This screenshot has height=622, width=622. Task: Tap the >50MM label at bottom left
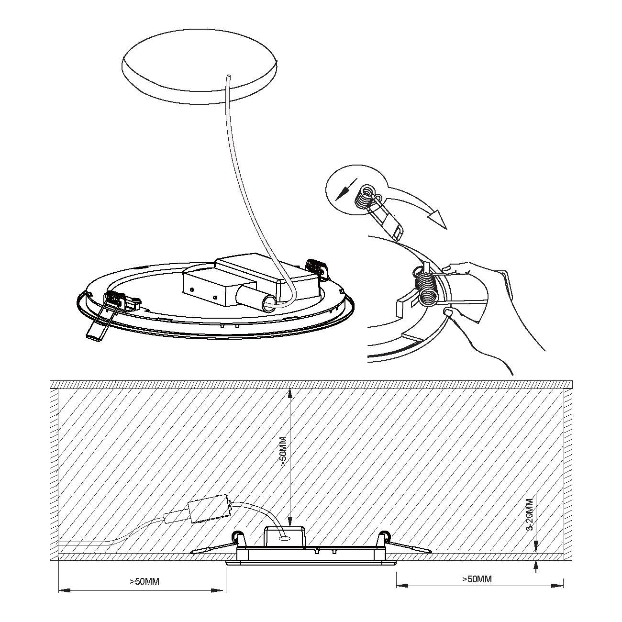[x=144, y=581]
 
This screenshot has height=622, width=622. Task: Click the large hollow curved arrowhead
[x=438, y=219]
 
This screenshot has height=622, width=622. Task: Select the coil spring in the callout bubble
[x=365, y=197]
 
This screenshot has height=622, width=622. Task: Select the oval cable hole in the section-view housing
[x=284, y=539]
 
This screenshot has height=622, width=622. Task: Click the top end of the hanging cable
[x=229, y=76]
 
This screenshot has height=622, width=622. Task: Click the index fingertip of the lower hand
[x=448, y=311]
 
